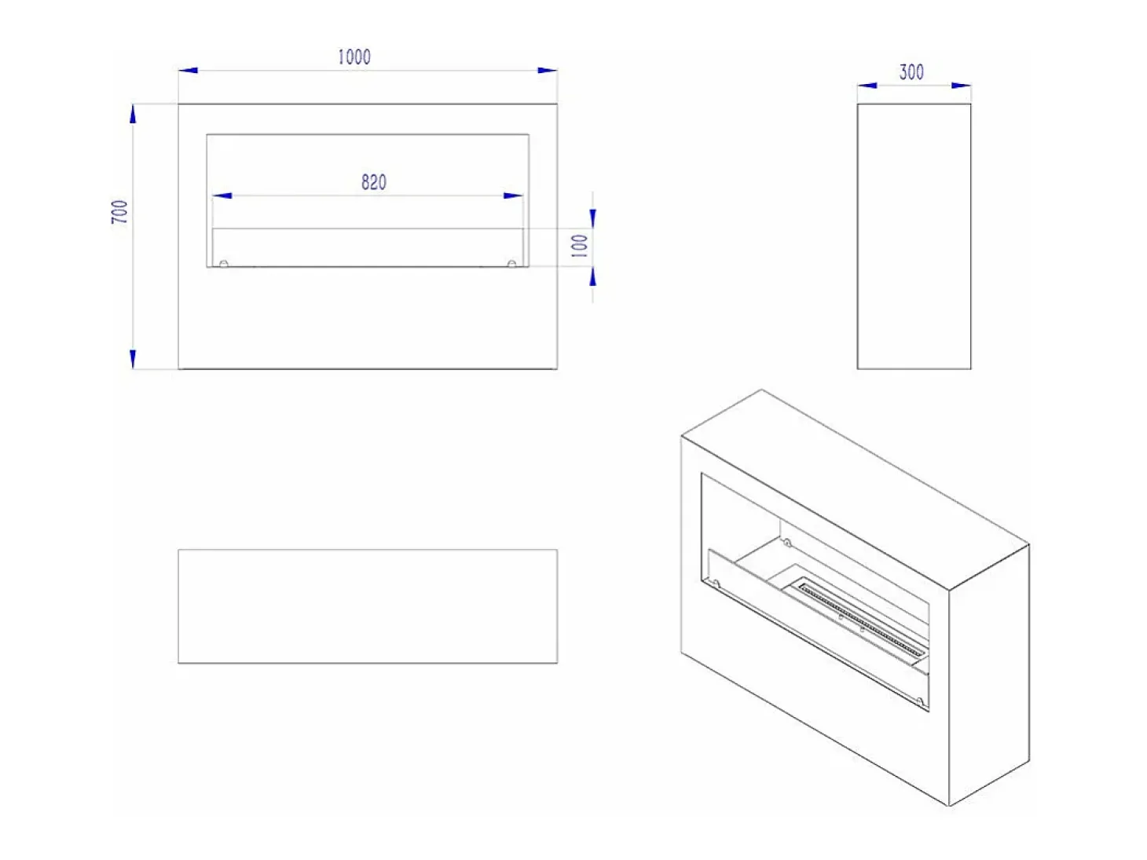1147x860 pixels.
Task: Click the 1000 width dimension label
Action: coord(354,57)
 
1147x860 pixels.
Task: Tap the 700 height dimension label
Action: coord(119,211)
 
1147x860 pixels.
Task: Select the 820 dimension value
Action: coord(374,182)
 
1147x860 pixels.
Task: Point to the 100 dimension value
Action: coord(580,245)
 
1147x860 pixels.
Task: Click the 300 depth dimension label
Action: coord(911,72)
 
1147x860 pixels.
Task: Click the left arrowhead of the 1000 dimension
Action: coord(188,70)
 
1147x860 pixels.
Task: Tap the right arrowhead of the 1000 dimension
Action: coord(548,70)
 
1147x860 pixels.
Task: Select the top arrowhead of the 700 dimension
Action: coord(133,114)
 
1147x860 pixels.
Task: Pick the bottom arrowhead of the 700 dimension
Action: coord(133,359)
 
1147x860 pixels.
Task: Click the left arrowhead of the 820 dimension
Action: coord(222,196)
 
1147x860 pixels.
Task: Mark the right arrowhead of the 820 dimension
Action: coord(513,196)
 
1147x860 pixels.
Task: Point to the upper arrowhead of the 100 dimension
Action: coord(592,219)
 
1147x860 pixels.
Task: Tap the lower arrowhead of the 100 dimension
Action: coord(592,276)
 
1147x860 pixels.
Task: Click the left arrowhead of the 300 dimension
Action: coord(867,85)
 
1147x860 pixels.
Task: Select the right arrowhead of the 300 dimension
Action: coord(962,85)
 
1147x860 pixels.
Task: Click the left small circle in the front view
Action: coord(224,264)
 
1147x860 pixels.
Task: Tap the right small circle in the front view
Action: coord(512,264)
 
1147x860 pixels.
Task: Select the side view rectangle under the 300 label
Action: coord(914,236)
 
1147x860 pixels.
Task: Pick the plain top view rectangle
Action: coord(368,606)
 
